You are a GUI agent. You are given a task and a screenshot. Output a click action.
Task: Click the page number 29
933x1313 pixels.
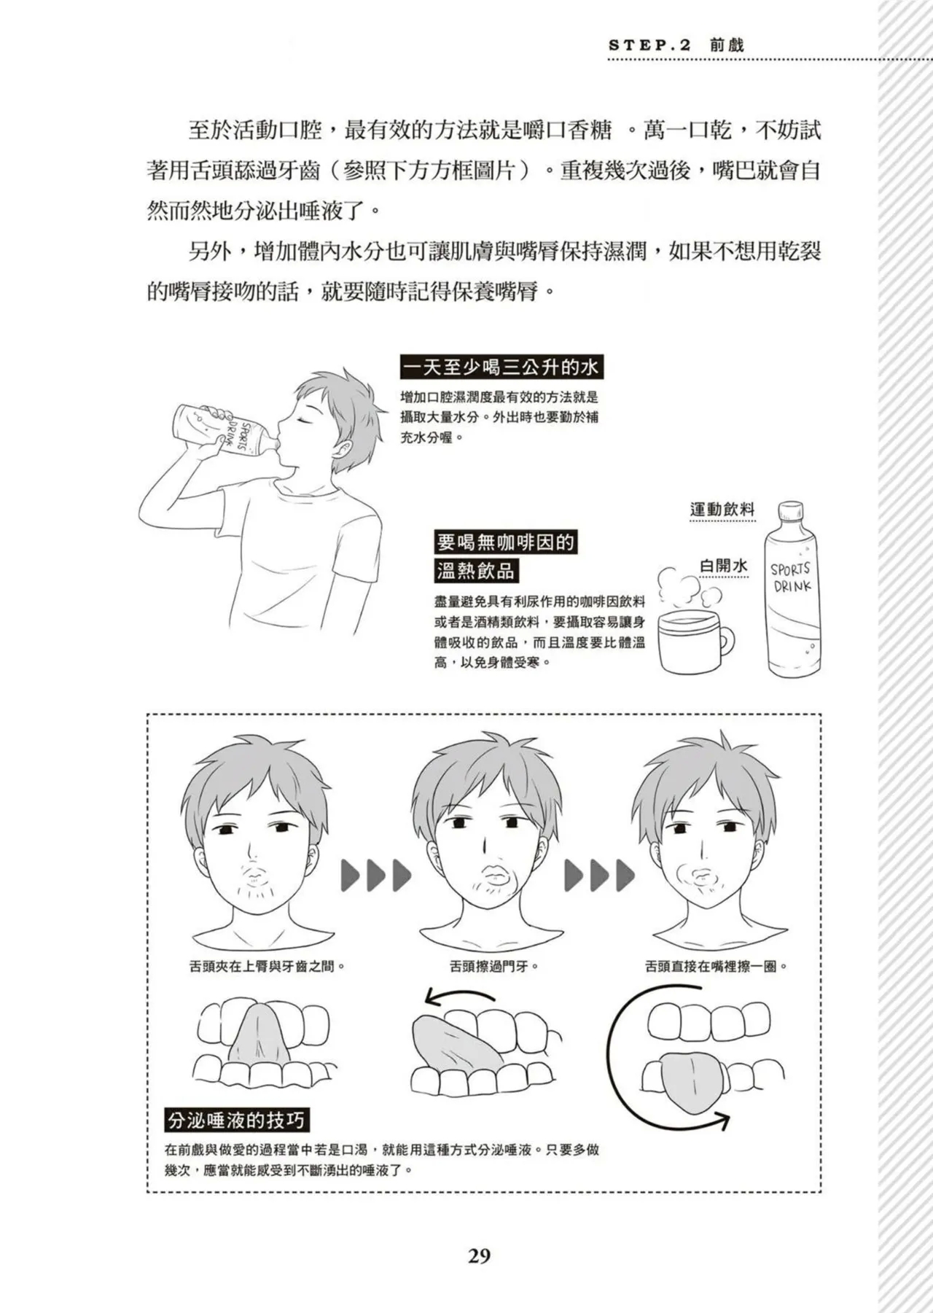479,1255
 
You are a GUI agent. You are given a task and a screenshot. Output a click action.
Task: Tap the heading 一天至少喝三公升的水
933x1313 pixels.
501,367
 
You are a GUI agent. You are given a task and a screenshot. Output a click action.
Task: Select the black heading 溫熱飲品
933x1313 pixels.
475,570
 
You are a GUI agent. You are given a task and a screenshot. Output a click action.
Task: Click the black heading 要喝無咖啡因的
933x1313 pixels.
505,542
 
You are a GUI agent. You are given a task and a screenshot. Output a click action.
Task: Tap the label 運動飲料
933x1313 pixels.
722,510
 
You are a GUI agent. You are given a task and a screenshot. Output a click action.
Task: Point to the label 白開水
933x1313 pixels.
723,566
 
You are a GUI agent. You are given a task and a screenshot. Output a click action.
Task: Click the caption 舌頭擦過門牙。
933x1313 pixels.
493,967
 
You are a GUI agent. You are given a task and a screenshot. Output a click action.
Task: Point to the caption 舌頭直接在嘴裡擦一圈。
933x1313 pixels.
717,967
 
